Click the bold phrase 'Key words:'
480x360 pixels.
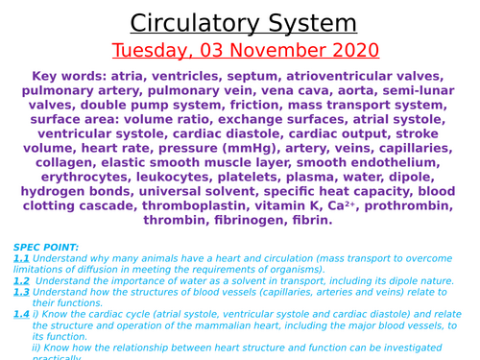[x=70, y=76]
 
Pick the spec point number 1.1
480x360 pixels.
[x=22, y=259]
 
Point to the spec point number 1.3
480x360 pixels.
[x=22, y=292]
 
